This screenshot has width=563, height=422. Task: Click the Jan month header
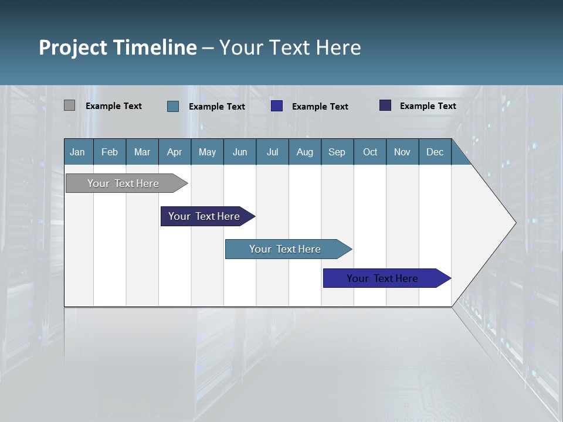tap(77, 152)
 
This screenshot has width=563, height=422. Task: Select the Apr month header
tap(175, 152)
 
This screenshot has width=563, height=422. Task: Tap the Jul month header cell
tap(272, 152)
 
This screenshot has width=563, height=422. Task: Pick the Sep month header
tap(337, 152)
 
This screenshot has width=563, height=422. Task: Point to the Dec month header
tap(435, 152)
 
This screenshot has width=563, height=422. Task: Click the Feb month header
tap(110, 152)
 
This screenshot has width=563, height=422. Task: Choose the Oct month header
tap(370, 152)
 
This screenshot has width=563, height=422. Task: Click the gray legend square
tap(69, 105)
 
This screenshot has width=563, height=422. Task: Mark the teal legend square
tap(173, 106)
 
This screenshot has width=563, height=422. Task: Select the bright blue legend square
tap(277, 106)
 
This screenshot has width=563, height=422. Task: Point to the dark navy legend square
tap(385, 105)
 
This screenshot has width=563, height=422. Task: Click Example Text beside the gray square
tap(114, 106)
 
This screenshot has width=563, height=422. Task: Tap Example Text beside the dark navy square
tap(428, 106)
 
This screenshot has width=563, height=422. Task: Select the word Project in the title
tap(73, 47)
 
